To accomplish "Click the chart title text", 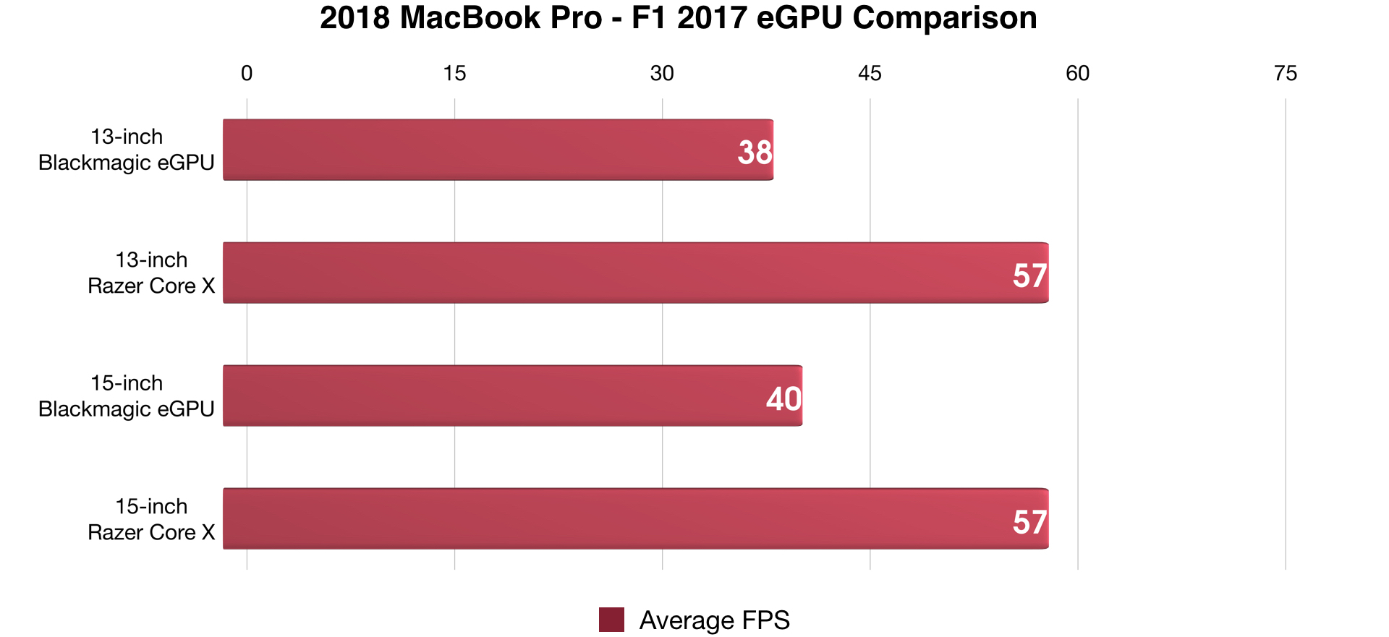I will coord(678,18).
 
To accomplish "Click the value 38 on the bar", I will coord(755,153).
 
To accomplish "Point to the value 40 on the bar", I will coord(783,399).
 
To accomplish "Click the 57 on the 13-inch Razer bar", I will coord(1029,276).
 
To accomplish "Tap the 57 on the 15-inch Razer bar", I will coord(1029,522).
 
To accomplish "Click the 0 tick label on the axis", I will coord(247,74).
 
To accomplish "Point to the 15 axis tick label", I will coord(454,74).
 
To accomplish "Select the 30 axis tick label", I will coord(662,74).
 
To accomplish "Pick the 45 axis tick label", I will coord(870,74).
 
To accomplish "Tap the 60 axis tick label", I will coord(1077,74).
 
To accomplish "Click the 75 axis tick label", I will coord(1286,74).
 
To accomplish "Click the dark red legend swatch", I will coord(611,620).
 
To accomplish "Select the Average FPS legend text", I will coord(714,620).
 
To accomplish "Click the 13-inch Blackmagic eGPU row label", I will coord(127,150).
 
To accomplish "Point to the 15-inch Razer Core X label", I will coord(151,519).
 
